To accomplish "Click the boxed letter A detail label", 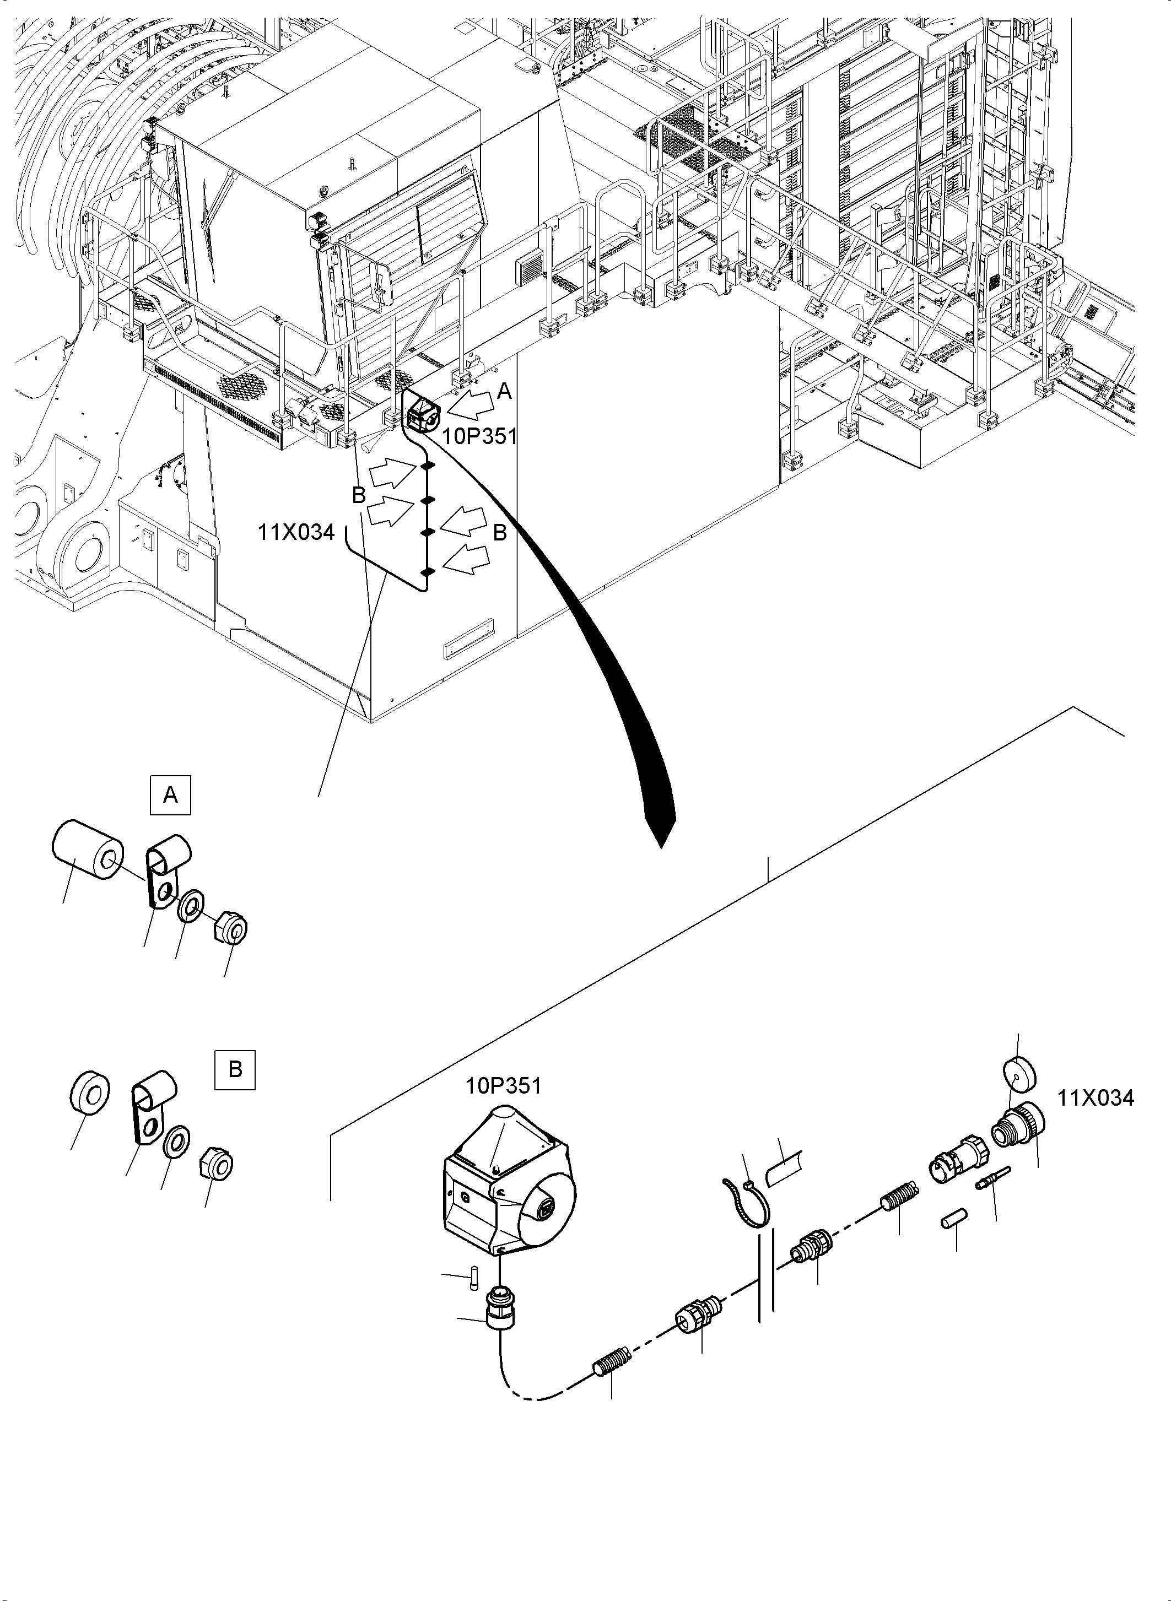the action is (x=171, y=796).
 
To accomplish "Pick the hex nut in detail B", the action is (x=218, y=1163).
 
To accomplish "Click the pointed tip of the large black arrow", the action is (x=662, y=848).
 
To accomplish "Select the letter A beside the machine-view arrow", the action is (x=504, y=391).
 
